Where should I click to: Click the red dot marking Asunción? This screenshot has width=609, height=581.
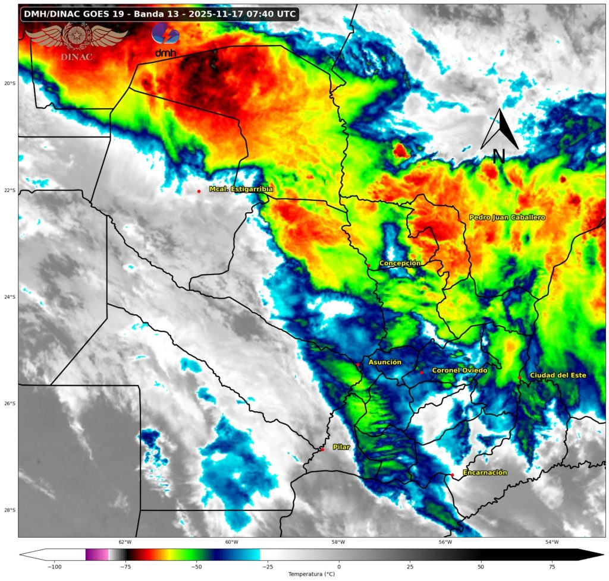pos(358,364)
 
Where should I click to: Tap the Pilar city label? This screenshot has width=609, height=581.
pos(341,447)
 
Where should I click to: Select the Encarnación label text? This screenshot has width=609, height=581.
pos(485,472)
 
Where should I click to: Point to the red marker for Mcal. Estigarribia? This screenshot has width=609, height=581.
pos(199,191)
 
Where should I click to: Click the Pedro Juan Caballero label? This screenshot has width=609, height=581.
pos(507,217)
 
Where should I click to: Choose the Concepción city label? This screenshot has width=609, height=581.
pos(400,263)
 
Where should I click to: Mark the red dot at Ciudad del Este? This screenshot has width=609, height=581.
pos(519,377)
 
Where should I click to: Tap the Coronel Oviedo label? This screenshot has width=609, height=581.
pos(459,370)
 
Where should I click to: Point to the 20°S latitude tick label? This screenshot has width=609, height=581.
pos(10,84)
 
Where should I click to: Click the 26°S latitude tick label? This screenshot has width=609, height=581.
pos(10,404)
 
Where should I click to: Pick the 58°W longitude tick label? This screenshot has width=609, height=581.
pos(338,542)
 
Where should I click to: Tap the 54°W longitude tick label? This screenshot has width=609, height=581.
pos(552,542)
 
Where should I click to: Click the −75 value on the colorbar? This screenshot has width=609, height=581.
pos(125,566)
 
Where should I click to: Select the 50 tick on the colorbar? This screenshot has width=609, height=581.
pos(481,566)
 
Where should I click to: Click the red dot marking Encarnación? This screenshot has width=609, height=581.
pos(452,475)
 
